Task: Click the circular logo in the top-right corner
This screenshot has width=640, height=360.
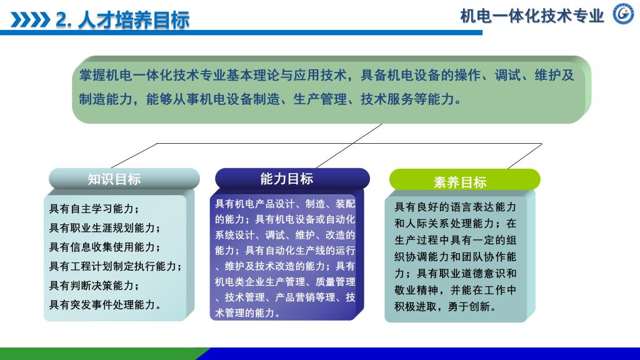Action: click(623, 14)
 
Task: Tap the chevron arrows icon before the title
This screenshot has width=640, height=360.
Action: click(30, 20)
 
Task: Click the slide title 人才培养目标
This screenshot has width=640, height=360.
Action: click(134, 20)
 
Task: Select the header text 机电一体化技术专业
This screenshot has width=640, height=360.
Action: click(532, 16)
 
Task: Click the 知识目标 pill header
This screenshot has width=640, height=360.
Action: click(124, 179)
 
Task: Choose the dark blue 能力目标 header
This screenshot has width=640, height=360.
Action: click(292, 179)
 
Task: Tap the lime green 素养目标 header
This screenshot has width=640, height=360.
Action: click(464, 180)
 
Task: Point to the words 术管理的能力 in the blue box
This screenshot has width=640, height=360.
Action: click(244, 313)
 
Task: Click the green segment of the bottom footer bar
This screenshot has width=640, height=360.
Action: click(102, 354)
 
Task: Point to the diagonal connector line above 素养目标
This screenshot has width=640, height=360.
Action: click(525, 156)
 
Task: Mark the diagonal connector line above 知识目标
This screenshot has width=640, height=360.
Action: click(134, 156)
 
